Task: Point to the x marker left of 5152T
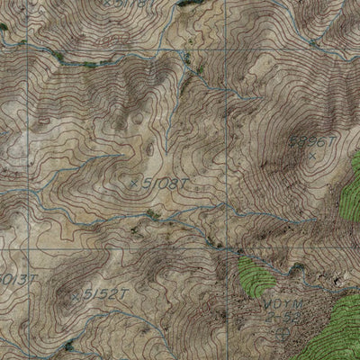(x=74, y=294)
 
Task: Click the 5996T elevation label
(x=311, y=141)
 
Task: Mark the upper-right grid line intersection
(x=224, y=50)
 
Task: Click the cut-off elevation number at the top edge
(x=126, y=4)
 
